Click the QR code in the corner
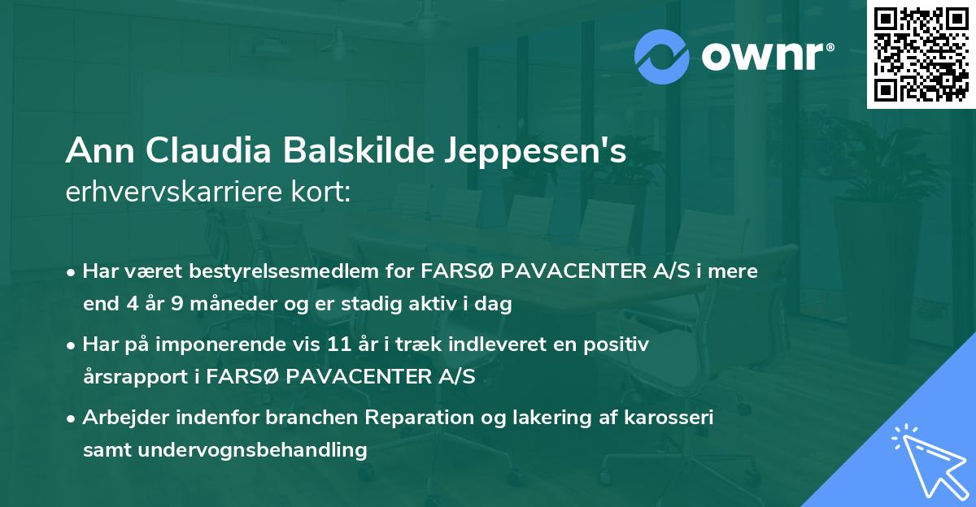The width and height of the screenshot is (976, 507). pyautogui.click(x=921, y=54)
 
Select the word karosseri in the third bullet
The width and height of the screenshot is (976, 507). pyautogui.click(x=674, y=418)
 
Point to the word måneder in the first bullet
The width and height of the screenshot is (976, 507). pyautogui.click(x=216, y=305)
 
